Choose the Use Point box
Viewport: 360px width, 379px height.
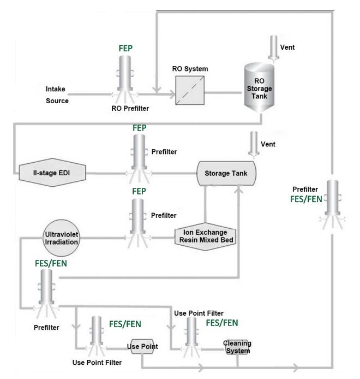point(142,346)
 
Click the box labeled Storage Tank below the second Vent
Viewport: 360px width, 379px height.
point(226,173)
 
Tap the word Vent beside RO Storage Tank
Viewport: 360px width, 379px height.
point(287,48)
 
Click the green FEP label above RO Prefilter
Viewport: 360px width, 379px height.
point(125,48)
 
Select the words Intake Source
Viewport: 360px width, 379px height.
point(57,94)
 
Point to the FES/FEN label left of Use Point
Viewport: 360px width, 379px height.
point(125,324)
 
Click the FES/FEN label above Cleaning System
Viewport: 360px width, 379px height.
point(222,323)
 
